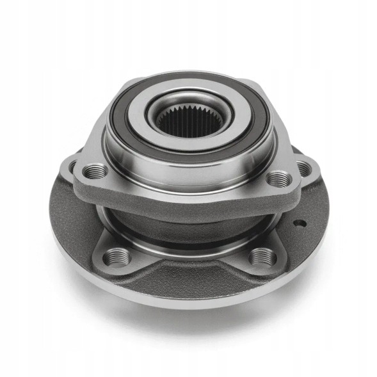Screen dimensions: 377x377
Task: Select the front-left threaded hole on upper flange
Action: pos(95,170)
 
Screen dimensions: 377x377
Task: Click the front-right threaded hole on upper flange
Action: pos(277,178)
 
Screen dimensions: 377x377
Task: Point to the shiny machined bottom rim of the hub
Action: pos(192,296)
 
